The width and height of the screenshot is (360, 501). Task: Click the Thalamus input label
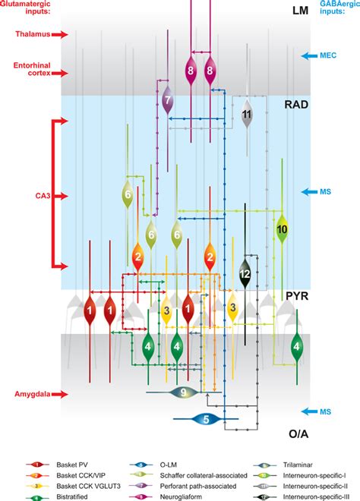click(x=31, y=34)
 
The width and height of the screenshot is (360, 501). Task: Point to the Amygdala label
click(x=33, y=394)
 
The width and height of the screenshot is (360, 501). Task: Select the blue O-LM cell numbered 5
click(x=204, y=418)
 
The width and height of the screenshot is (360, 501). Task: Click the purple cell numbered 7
click(x=167, y=99)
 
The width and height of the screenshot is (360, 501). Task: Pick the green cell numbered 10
click(x=282, y=228)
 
